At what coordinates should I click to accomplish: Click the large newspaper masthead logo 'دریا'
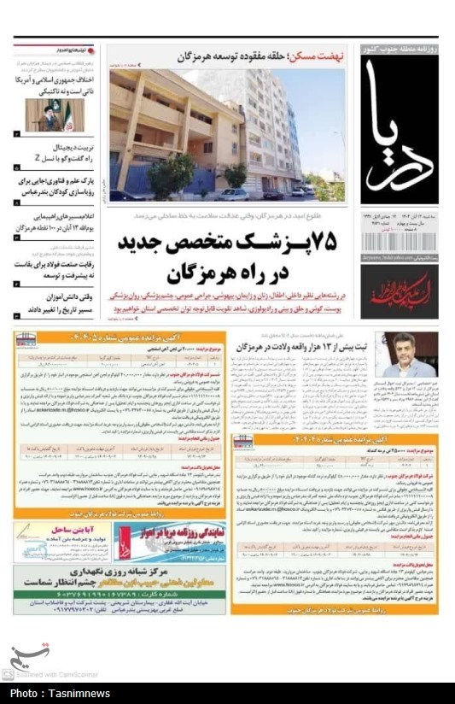point(399,128)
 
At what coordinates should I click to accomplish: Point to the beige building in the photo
point(171,128)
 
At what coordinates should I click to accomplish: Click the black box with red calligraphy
point(399,291)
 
